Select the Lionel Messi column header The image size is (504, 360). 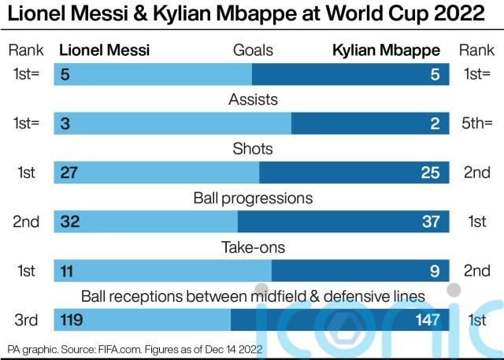[105, 50]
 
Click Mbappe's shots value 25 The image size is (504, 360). [430, 173]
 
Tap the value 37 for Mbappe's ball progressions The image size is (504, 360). [430, 221]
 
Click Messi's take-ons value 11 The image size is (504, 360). [67, 270]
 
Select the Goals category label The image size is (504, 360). [253, 50]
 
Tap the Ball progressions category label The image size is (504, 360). [253, 198]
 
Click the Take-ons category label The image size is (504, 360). [253, 247]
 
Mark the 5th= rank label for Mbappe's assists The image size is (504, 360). [476, 124]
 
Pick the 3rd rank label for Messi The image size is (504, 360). [26, 319]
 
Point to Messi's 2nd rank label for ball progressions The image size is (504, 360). [26, 221]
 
